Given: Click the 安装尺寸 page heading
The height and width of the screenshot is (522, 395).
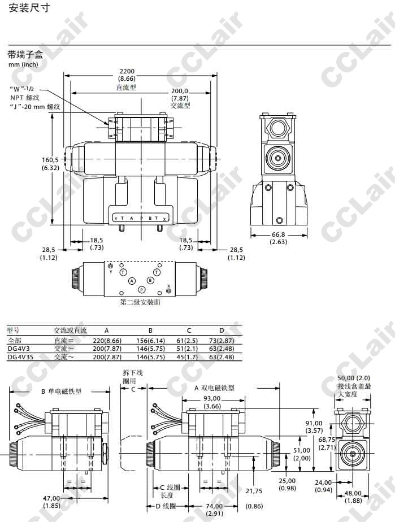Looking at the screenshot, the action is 29,8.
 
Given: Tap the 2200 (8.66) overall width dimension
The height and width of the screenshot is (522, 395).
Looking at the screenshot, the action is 127,75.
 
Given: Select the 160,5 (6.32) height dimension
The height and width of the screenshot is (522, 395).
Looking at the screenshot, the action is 50,164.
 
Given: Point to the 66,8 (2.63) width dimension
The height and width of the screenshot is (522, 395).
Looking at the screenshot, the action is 278,238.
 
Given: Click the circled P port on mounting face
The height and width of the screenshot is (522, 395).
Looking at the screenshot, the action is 142,290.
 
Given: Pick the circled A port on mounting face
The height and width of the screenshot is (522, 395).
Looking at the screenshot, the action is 132,281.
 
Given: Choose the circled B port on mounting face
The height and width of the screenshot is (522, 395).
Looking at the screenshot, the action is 150,280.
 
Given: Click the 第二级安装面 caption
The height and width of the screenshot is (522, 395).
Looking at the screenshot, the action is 140,302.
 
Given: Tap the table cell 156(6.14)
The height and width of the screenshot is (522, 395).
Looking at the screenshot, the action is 150,341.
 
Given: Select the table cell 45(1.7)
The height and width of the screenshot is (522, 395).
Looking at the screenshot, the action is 187,357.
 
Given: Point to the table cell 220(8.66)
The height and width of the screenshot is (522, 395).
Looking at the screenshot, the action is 107,341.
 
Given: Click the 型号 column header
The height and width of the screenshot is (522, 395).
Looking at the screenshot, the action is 13,330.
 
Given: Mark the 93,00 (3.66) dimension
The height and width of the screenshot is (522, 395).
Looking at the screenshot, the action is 212,402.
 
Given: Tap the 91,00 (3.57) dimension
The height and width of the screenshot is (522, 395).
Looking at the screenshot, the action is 314,427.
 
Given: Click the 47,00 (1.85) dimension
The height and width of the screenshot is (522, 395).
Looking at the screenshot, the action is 51,502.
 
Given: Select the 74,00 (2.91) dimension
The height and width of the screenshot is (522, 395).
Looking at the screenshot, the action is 215,510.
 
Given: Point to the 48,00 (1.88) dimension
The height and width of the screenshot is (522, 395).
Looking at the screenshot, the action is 353,497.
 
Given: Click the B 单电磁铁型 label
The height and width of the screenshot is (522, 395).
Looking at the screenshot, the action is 61,391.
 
